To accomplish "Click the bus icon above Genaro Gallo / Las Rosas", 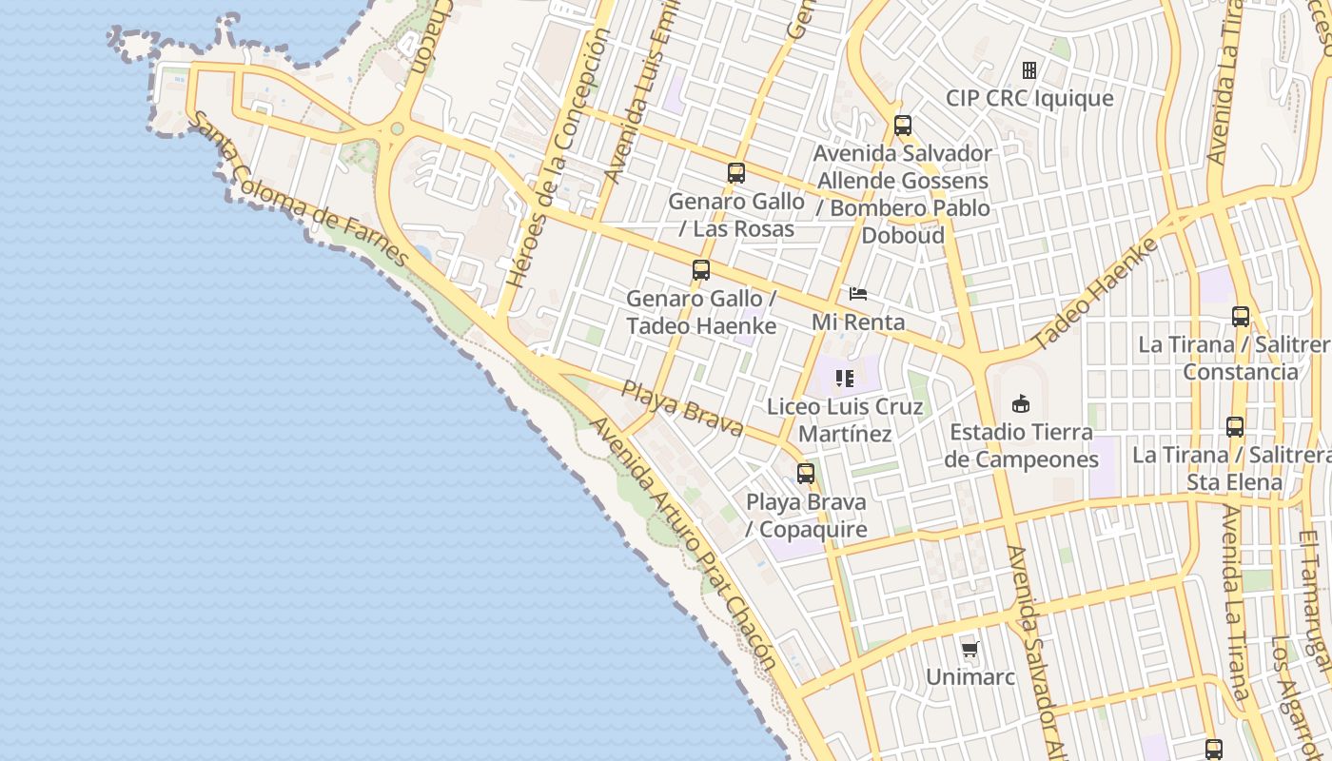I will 735,173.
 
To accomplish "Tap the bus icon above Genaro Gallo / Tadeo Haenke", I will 701,270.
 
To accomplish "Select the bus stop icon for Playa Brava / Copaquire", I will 806,474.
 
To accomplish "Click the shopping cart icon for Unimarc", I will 970,650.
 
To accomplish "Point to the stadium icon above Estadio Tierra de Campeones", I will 1021,404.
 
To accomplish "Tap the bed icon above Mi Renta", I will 858,294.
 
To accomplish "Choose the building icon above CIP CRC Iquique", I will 1028,70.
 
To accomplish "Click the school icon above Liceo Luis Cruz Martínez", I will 845,379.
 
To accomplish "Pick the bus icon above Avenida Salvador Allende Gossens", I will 903,125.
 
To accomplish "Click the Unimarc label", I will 970,677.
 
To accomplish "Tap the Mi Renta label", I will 858,322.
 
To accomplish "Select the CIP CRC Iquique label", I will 1028,98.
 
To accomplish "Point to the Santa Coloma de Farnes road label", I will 301,190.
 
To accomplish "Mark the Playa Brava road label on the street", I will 682,407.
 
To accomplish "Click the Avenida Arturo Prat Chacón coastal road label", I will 685,543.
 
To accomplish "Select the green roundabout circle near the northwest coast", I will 397,128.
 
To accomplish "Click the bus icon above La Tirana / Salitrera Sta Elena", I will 1235,427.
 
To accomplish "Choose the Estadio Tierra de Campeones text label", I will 1021,446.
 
